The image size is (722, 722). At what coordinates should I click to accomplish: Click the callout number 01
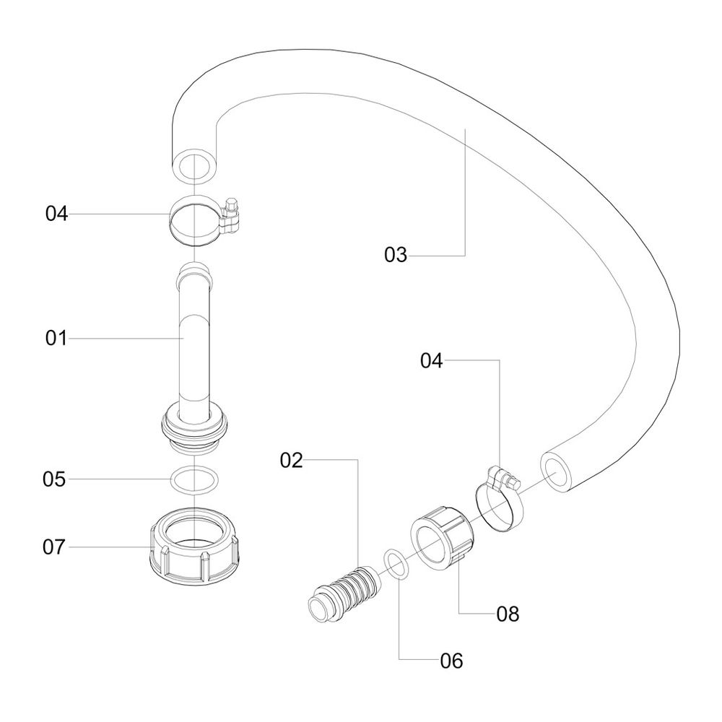click(56, 338)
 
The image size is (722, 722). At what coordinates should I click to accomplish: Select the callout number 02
click(292, 460)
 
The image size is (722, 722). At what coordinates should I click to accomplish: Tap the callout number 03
click(396, 255)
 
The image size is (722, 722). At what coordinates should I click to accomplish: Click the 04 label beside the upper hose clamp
click(56, 214)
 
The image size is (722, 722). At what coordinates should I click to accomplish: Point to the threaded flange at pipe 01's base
click(195, 429)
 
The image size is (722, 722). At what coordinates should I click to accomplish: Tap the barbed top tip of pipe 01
click(195, 275)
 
